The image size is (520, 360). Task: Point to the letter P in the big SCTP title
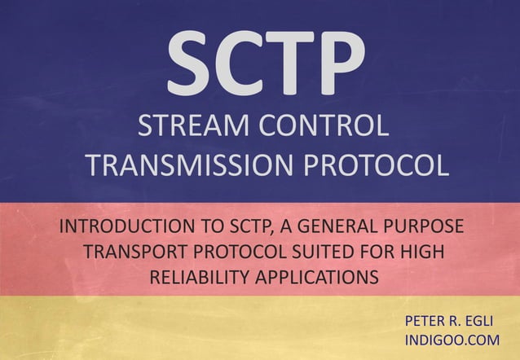(x=340, y=63)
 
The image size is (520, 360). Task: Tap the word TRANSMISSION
(x=189, y=165)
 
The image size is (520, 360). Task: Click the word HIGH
(x=420, y=251)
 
